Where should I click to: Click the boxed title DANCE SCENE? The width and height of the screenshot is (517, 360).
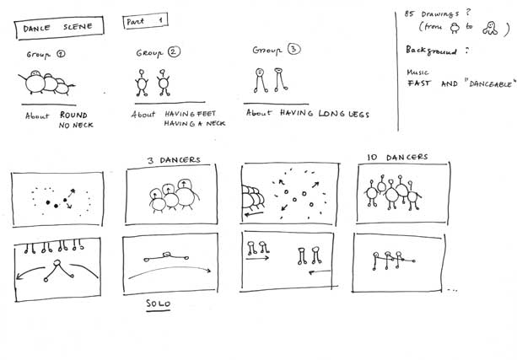[59, 28]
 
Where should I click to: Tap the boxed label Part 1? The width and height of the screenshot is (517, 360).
[145, 21]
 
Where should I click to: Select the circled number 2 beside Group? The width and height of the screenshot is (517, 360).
[174, 51]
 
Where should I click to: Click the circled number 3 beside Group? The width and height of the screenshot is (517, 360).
[294, 49]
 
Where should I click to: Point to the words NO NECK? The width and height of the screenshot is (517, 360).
[76, 126]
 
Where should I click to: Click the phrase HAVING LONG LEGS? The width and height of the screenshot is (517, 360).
[325, 114]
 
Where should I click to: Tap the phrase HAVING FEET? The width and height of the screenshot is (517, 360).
[191, 114]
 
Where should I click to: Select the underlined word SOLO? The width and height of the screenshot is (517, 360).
[159, 304]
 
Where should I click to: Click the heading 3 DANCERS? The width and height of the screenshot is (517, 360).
[174, 160]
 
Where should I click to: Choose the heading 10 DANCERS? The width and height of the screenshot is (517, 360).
[397, 158]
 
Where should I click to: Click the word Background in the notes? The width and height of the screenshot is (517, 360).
[431, 51]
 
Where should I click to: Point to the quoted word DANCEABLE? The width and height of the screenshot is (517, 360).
[490, 83]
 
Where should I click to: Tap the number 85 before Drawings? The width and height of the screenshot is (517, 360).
[409, 13]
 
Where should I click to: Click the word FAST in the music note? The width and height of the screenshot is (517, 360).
[419, 83]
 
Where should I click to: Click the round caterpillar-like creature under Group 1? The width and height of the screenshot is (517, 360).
[46, 83]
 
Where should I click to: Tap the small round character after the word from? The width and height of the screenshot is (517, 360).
[455, 28]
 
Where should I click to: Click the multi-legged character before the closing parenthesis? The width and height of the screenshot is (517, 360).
[490, 28]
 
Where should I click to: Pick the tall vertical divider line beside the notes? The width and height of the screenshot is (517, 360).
[397, 72]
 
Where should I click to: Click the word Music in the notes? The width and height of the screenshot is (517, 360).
[417, 73]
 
